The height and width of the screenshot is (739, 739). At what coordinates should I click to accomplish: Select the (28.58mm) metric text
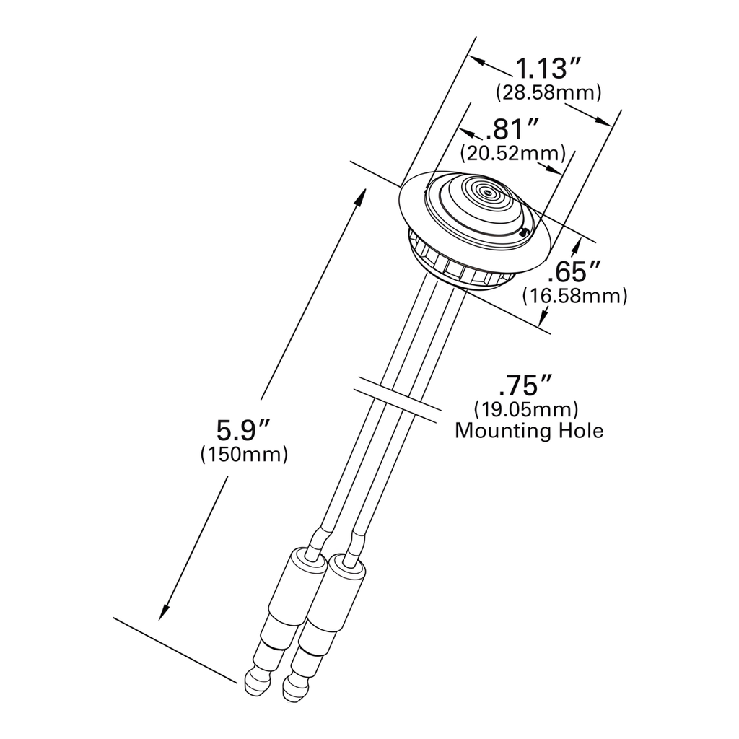[x=548, y=93]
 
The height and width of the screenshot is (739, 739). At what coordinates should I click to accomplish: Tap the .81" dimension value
[x=513, y=130]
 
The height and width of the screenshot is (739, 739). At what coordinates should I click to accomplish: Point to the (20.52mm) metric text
[x=512, y=153]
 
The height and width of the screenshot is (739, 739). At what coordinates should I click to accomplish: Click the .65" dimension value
[x=574, y=274]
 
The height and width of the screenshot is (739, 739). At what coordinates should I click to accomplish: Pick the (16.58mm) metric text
[x=574, y=296]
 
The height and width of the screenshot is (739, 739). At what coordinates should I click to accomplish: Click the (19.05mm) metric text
[x=526, y=410]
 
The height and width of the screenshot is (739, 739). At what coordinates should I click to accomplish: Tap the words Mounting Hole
[x=529, y=432]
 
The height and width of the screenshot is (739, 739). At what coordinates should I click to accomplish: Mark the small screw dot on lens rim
[x=524, y=232]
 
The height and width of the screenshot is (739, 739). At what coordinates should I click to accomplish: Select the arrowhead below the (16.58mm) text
[x=548, y=312]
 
